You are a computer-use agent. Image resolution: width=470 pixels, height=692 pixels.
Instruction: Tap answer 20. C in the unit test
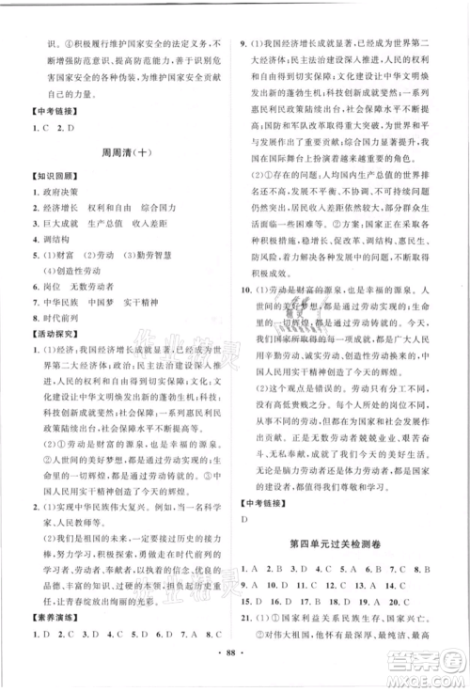pyautogui.click(x=412, y=627)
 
